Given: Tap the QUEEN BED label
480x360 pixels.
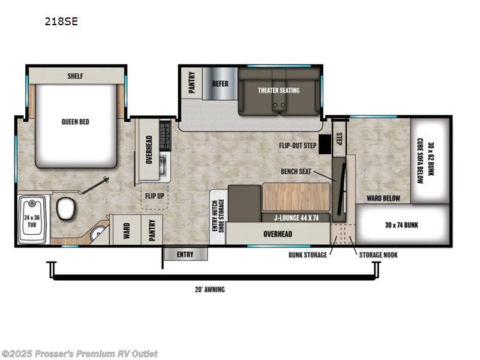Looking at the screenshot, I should pos(75,121).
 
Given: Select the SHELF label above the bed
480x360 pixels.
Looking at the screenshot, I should pos(75,76).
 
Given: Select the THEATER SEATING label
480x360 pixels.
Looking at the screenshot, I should pos(278,90).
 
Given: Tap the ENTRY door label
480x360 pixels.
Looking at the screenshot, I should pos(185,254).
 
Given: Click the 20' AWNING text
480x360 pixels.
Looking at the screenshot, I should pos(209,289).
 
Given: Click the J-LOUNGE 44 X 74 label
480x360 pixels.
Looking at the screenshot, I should pos(296,218).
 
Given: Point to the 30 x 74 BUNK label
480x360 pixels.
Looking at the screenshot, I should pos(402,225).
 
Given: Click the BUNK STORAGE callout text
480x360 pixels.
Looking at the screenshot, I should pos(307,254).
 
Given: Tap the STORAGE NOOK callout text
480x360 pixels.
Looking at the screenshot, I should pos(378,254).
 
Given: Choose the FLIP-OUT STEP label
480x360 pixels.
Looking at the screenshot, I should pos(297,145).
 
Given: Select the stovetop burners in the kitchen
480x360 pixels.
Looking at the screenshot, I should pos(164,135).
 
